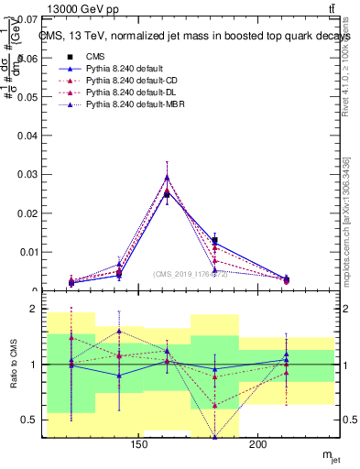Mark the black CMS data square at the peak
coord(167,194)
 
